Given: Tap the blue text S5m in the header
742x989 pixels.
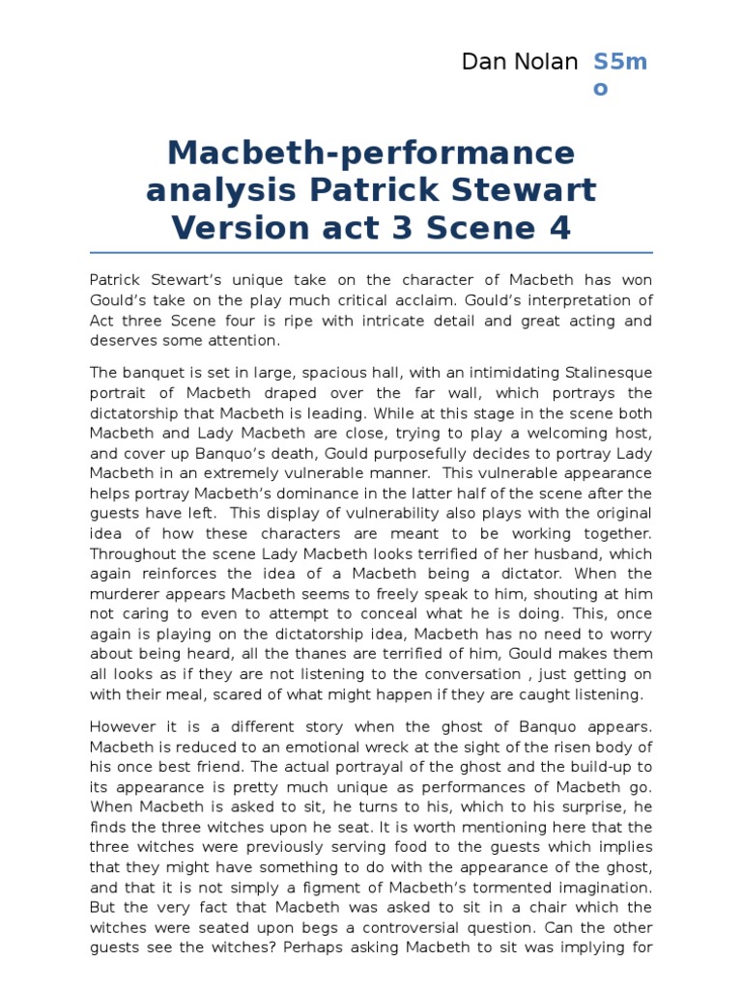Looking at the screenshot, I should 619,63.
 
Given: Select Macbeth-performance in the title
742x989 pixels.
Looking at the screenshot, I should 371,153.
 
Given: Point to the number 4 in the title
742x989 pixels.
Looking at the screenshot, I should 560,228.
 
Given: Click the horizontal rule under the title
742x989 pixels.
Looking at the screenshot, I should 371,253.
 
